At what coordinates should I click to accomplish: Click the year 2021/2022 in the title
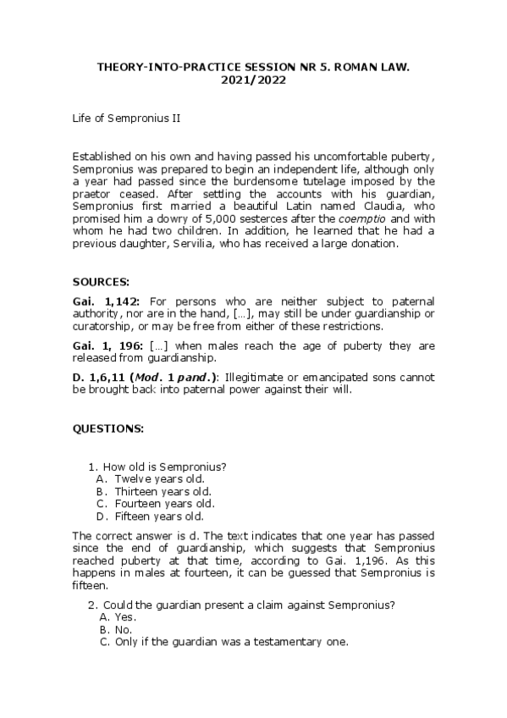tap(253, 80)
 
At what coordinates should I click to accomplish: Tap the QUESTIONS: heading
tap(108, 429)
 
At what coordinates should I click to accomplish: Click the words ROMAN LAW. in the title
tap(369, 67)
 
